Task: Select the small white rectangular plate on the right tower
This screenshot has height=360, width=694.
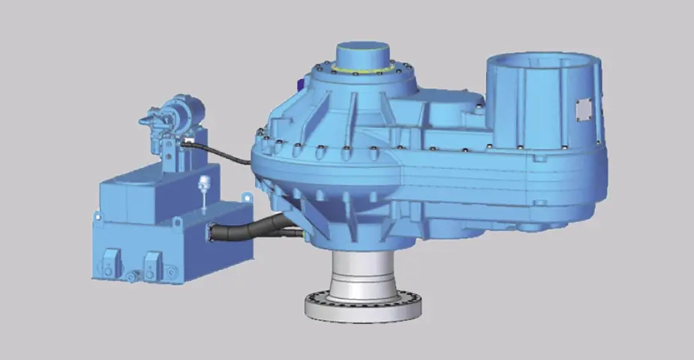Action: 583,109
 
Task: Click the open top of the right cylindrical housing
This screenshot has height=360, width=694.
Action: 540,60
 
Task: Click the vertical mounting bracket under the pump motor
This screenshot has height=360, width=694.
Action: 171,154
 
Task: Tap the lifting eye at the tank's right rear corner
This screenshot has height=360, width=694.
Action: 244,196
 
